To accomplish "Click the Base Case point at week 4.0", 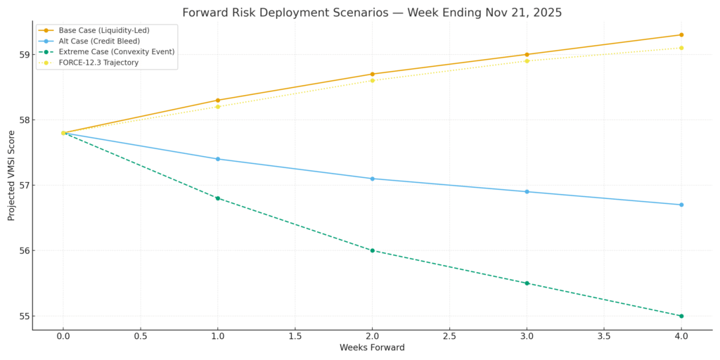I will (x=681, y=34).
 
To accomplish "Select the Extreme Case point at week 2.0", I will (x=372, y=250).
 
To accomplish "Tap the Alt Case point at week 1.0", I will (x=218, y=159).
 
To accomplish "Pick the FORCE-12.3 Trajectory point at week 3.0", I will (x=527, y=60).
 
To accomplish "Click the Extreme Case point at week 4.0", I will (x=681, y=316).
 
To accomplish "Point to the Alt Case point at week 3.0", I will (x=527, y=191).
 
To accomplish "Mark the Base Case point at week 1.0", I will (x=218, y=100).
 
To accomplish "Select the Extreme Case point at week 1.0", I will (x=218, y=198).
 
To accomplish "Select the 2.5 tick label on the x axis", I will (x=449, y=337).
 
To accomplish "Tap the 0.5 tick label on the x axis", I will (x=141, y=337).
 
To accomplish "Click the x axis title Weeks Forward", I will (x=372, y=348).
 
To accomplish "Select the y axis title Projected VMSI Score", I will (x=11, y=175).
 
